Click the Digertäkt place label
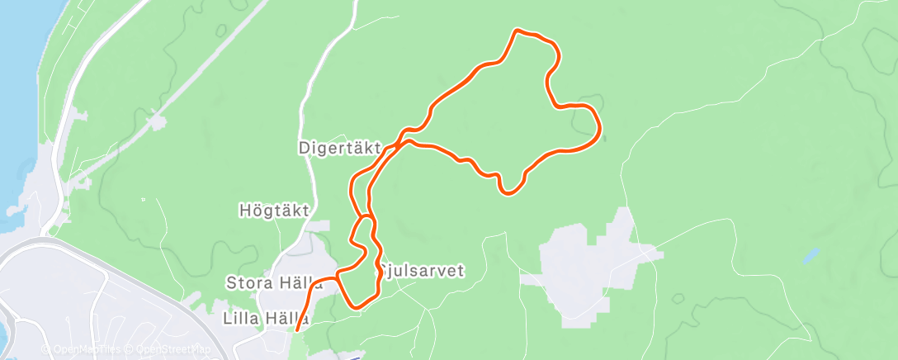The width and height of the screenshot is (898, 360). [x=339, y=149]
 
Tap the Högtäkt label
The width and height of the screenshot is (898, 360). [x=273, y=211]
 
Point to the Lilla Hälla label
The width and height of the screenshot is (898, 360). [x=266, y=318]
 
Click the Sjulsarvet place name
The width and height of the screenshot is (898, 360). [x=423, y=270]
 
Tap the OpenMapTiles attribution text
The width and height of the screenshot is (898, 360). [x=85, y=350]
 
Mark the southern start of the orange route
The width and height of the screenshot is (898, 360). [x=297, y=330]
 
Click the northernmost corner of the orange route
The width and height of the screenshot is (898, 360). [x=517, y=31]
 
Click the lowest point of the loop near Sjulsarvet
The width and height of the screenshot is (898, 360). [x=357, y=307]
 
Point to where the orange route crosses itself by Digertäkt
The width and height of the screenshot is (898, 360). [x=397, y=146]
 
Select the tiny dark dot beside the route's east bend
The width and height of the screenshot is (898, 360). [x=605, y=139]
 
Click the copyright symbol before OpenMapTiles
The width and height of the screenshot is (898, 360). [x=45, y=350]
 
